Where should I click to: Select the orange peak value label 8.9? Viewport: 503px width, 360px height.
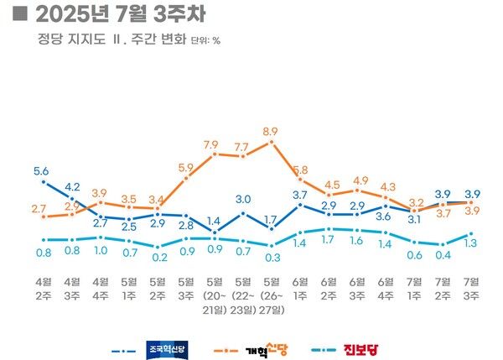click(x=270, y=132)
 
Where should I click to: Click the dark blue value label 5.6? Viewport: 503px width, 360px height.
click(x=41, y=171)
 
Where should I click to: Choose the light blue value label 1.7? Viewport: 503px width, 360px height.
click(x=329, y=239)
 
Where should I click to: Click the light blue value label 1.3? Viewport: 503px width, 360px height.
click(x=472, y=243)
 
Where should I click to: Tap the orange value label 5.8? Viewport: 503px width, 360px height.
click(x=300, y=170)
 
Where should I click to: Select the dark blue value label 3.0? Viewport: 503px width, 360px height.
click(x=242, y=199)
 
